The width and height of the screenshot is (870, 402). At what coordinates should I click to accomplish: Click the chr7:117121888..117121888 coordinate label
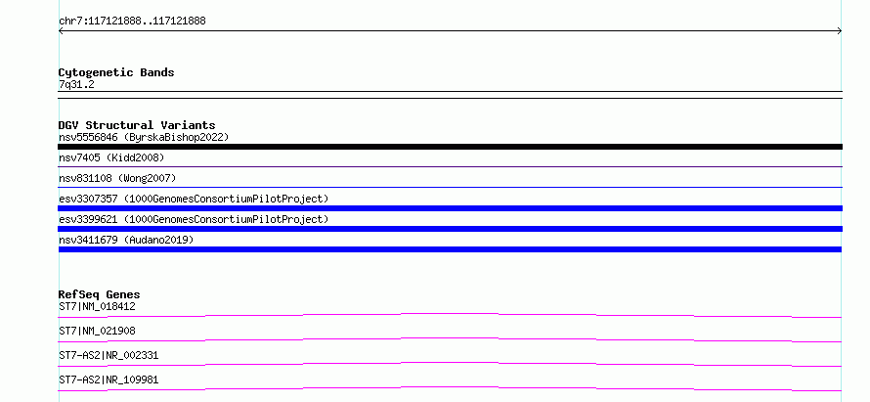[x=132, y=22]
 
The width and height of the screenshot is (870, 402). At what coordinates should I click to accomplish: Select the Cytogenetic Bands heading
[x=116, y=72]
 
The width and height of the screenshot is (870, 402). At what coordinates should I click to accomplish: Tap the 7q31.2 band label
[x=76, y=84]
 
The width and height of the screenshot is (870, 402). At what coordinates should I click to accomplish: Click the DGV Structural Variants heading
[x=137, y=125]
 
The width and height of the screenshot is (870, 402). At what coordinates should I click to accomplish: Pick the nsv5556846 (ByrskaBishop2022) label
[x=144, y=137]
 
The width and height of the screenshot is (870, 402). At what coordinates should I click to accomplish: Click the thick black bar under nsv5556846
[x=450, y=147]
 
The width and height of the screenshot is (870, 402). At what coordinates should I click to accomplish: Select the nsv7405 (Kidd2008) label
[x=111, y=157]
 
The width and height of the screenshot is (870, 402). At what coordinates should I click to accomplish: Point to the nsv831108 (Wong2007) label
[x=117, y=178]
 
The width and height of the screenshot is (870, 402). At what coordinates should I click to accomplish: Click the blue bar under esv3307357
[x=450, y=208]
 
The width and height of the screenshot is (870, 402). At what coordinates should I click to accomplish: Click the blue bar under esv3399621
[x=450, y=229]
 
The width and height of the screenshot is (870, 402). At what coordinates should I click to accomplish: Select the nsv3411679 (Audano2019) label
[x=126, y=240]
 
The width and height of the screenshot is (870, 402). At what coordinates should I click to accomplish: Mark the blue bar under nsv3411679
[x=450, y=249]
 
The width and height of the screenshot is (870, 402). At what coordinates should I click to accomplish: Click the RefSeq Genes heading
[x=100, y=294]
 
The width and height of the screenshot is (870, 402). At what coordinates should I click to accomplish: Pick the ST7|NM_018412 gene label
[x=97, y=306]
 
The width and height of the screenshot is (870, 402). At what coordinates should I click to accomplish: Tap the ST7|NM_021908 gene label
[x=97, y=331]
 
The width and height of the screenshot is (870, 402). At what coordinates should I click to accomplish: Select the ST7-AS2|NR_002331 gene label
[x=109, y=355]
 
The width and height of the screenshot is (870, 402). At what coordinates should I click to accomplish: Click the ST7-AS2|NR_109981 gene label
[x=109, y=380]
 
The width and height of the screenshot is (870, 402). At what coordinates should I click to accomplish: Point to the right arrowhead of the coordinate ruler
[x=841, y=31]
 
